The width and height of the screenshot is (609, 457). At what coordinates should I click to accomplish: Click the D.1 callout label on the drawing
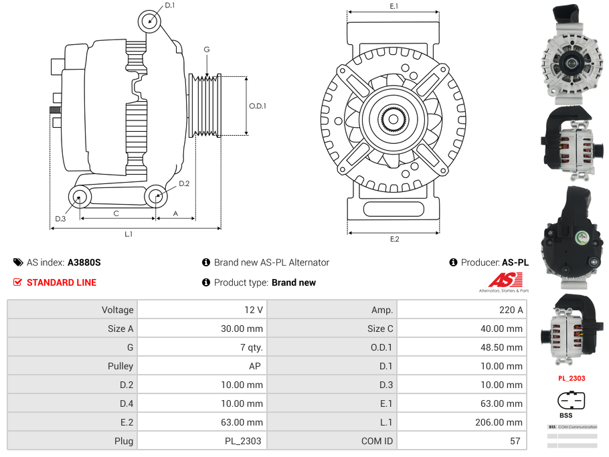coord(169,5)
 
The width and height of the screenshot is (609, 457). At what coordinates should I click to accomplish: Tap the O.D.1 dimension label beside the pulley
coord(258,106)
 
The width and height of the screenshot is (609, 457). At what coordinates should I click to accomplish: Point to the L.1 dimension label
coord(128,234)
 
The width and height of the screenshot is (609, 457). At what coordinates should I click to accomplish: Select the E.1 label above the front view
coord(394,6)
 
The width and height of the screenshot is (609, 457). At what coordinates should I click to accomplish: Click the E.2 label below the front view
coord(394,240)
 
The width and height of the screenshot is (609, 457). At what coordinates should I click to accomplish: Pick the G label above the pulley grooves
coord(207,50)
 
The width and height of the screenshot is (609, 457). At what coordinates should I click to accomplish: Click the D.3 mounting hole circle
coord(80,197)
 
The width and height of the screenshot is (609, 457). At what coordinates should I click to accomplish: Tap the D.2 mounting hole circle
coord(156,197)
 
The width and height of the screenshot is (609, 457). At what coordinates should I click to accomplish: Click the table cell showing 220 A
coord(461,310)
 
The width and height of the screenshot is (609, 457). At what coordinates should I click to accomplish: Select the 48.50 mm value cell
coord(461,347)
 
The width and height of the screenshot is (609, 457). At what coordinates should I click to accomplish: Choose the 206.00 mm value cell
coord(461,422)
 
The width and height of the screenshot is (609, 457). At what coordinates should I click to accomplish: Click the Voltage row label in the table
coord(72,310)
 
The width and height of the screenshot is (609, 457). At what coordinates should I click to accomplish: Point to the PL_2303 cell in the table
coord(201,441)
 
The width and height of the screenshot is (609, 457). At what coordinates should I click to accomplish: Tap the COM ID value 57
coord(461,441)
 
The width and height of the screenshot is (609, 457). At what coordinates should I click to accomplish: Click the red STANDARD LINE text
coord(62,282)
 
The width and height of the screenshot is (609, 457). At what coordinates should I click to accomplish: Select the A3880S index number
coord(84,262)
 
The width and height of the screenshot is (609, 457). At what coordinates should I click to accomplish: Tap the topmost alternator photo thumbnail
coord(571,54)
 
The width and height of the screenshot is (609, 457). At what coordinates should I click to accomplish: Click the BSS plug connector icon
coord(572,401)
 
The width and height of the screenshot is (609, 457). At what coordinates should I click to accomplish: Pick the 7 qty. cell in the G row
coord(201,347)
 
